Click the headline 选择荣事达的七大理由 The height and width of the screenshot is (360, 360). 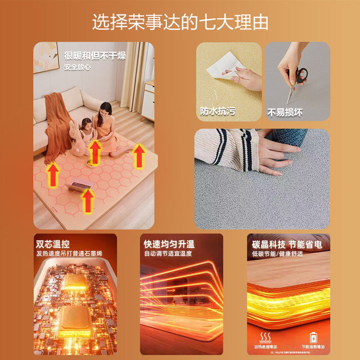pos(180,22)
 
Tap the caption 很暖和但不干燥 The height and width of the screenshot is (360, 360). pos(94,56)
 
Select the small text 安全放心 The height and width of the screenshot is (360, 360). pos(77,67)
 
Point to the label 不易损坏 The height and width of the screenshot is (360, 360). pos(285,111)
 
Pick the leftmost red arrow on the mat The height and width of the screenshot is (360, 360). pos(53,174)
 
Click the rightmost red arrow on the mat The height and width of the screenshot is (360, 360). pos(139,156)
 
